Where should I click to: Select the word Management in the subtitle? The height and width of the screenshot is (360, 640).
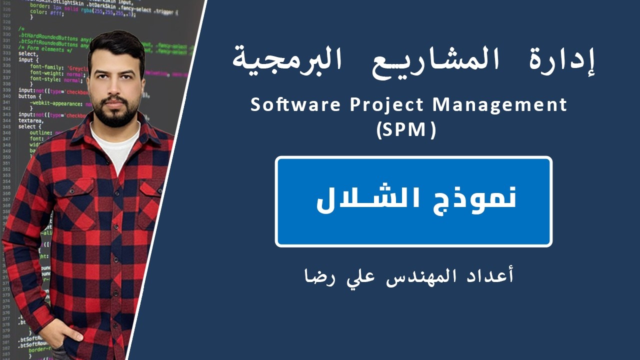tap(499, 105)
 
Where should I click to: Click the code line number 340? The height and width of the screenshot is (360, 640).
tap(6, 96)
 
